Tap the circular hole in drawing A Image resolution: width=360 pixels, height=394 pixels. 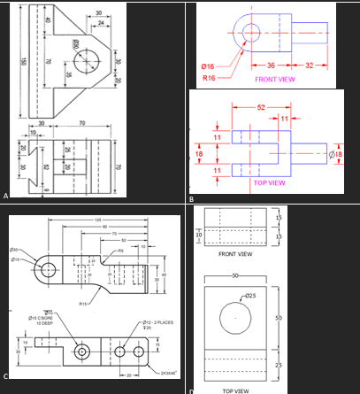point(88,60)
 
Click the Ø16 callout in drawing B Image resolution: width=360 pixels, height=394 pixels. point(208,66)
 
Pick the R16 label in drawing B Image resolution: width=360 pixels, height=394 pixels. point(209,78)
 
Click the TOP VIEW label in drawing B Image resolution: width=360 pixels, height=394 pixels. point(269,182)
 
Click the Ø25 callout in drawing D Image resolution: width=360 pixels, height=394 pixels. point(249,295)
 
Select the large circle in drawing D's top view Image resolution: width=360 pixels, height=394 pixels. point(236,315)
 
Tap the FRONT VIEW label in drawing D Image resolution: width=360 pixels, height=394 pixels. point(235,254)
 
